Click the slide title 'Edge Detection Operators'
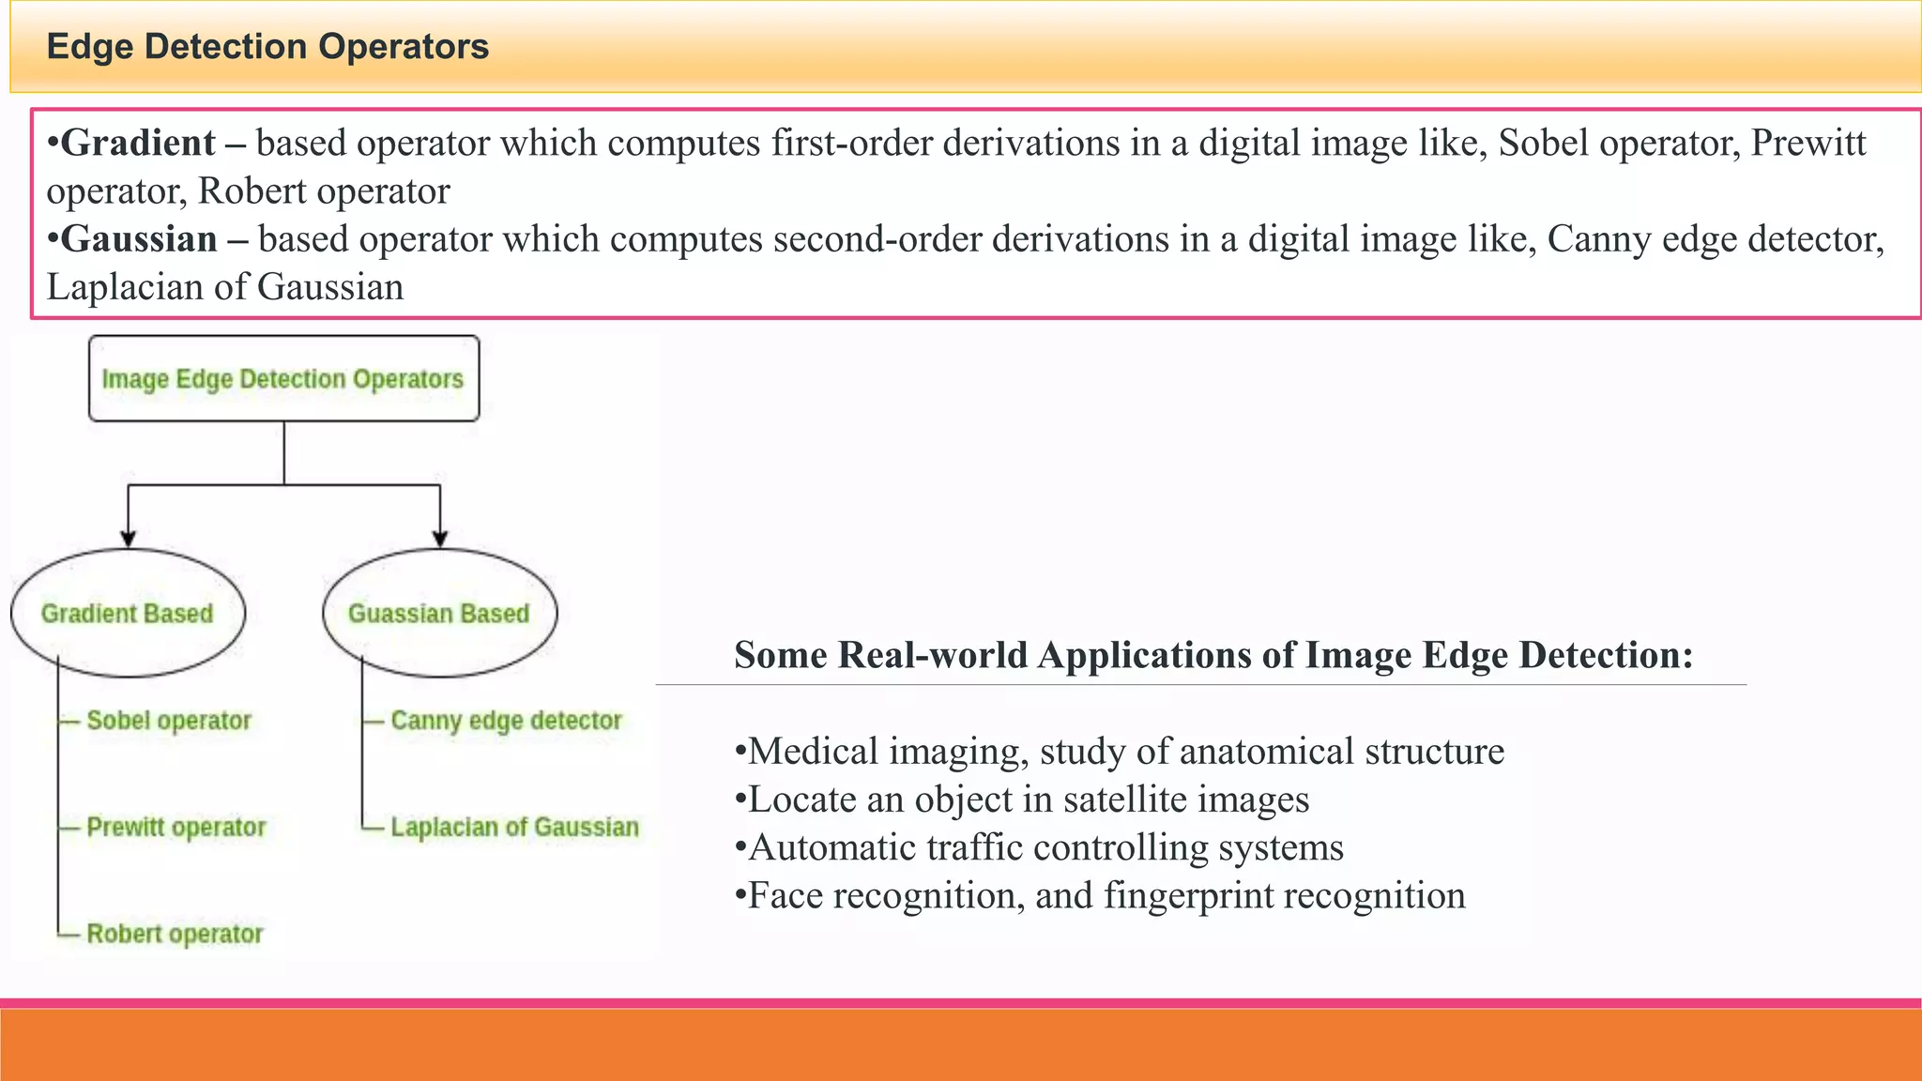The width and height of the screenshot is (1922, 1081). [x=267, y=47]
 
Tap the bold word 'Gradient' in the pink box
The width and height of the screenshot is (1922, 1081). [x=138, y=144]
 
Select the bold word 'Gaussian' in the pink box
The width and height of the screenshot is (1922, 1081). [x=139, y=239]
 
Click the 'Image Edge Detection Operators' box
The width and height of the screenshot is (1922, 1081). [x=283, y=379]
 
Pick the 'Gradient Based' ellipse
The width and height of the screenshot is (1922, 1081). [x=128, y=614]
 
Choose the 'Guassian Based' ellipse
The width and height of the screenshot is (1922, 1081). [x=439, y=614]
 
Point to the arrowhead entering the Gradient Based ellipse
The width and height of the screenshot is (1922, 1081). [x=129, y=539]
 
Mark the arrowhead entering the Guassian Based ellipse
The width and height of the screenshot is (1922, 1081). [x=440, y=539]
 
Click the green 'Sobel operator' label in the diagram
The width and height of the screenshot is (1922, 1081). [x=169, y=721]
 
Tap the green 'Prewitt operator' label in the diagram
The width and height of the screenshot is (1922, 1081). [x=176, y=828]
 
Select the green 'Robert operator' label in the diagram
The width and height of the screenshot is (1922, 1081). [x=175, y=935]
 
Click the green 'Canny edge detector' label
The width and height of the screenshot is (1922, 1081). [x=506, y=721]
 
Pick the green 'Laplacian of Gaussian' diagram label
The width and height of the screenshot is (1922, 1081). [x=514, y=828]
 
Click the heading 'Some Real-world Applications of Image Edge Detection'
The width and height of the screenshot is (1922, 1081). [x=1213, y=655]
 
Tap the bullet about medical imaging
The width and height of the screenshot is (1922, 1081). [x=1120, y=752]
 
